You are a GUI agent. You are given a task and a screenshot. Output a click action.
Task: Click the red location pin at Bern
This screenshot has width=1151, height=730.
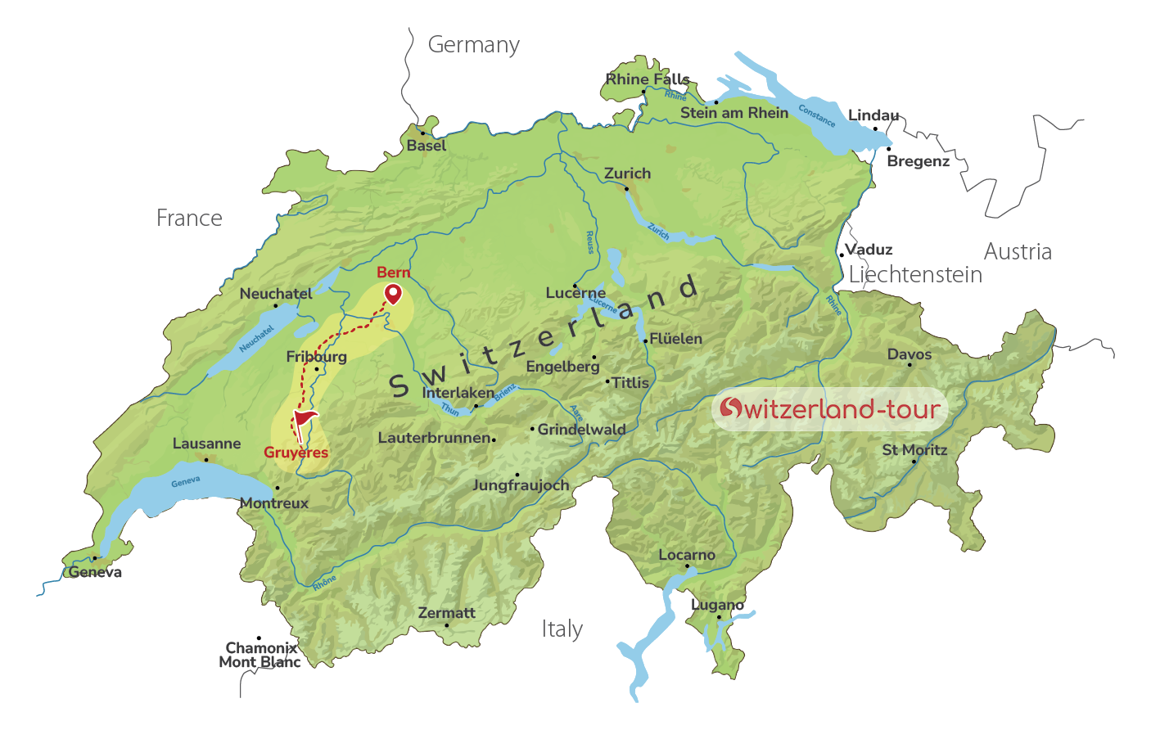(394, 293)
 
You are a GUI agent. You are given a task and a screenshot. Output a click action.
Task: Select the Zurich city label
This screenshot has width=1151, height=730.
(627, 173)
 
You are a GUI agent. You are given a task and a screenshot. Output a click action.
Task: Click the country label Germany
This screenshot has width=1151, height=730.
(473, 45)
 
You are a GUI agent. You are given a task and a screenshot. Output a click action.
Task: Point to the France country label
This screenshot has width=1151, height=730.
(189, 219)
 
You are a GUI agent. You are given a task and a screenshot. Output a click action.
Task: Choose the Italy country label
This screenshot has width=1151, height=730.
(562, 629)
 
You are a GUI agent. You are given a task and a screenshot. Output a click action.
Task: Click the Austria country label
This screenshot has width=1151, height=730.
(1017, 252)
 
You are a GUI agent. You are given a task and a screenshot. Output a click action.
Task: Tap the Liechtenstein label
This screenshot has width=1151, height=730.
(915, 275)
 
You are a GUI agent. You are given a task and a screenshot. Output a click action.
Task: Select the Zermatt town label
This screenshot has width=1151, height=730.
(446, 613)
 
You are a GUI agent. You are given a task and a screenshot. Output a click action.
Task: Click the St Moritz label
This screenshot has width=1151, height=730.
(914, 450)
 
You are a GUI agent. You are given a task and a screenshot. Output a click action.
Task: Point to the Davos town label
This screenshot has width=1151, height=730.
(910, 354)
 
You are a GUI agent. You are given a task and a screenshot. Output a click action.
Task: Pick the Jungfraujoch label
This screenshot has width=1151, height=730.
(521, 485)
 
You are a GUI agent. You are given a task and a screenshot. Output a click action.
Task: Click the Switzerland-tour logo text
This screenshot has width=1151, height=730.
(829, 408)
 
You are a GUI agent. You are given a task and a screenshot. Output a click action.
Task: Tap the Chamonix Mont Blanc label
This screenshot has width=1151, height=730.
(260, 655)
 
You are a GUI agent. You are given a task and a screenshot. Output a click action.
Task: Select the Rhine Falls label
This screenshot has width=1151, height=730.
(647, 79)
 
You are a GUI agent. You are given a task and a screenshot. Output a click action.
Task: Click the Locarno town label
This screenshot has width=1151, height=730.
(687, 555)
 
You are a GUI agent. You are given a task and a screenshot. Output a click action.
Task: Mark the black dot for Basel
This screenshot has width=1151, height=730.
(422, 133)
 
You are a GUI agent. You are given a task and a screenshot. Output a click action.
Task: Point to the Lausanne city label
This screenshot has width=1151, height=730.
(206, 444)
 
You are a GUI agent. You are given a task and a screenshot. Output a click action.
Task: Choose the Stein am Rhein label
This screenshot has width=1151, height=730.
(733, 113)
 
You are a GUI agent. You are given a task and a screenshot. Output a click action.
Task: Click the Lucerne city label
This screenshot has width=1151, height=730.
(575, 293)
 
